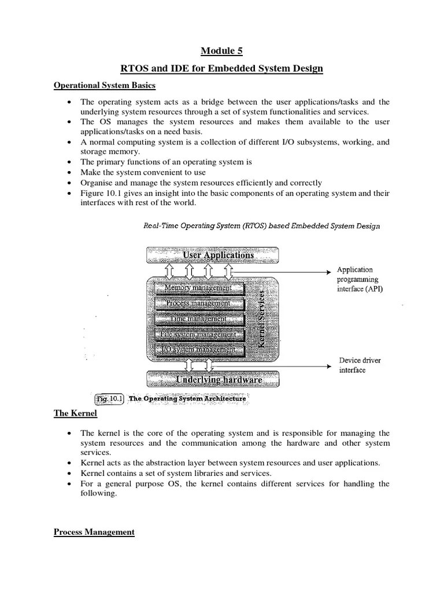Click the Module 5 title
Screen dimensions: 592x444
pyautogui.click(x=221, y=51)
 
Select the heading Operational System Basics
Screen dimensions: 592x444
pyautogui.click(x=105, y=86)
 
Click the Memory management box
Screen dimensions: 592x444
pyautogui.click(x=198, y=287)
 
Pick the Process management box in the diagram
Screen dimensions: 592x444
pyautogui.click(x=198, y=303)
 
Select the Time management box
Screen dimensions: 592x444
pyautogui.click(x=198, y=319)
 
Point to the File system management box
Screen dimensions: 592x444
pyautogui.click(x=198, y=334)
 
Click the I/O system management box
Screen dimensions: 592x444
pyautogui.click(x=198, y=349)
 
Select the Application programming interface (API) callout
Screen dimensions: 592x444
pyautogui.click(x=360, y=279)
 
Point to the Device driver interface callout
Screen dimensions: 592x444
pyautogui.click(x=360, y=365)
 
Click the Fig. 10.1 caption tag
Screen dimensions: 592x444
pyautogui.click(x=108, y=398)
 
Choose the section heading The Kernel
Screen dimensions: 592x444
pyautogui.click(x=75, y=413)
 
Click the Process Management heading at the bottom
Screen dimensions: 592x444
pyautogui.click(x=94, y=532)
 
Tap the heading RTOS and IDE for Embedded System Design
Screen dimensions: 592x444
pyautogui.click(x=221, y=69)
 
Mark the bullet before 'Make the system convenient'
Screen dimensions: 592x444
pyautogui.click(x=69, y=173)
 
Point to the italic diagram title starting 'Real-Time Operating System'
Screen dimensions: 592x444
pyautogui.click(x=261, y=226)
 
